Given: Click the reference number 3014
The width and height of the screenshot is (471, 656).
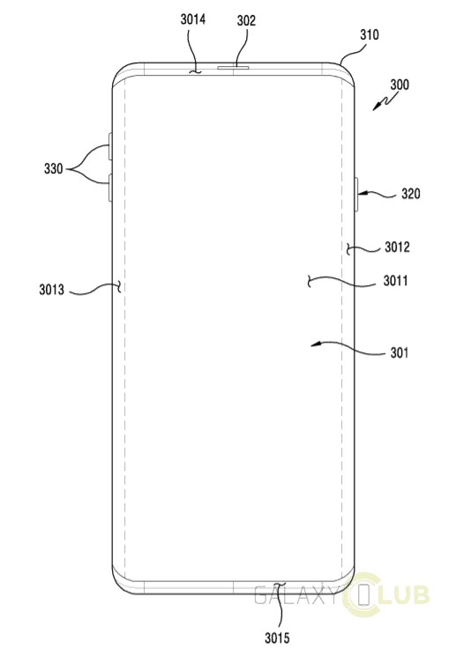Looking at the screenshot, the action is (193, 19).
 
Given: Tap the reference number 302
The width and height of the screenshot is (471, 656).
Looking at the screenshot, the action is (246, 20).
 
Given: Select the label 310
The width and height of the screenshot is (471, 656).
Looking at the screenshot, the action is (370, 34).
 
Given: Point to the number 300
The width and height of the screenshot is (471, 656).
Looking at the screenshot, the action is (400, 85).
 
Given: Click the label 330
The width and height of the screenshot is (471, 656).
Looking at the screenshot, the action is (53, 169).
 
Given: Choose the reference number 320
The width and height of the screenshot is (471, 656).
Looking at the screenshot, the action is (411, 194).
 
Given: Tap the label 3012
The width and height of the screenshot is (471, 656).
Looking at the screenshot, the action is (397, 247).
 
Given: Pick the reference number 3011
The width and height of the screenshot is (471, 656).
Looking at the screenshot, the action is (395, 281).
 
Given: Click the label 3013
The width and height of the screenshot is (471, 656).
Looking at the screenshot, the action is (51, 290).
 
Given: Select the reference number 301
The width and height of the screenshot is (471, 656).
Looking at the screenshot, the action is (399, 353).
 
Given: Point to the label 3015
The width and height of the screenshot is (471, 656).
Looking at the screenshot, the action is (277, 638).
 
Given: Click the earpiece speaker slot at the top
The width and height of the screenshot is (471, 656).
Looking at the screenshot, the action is (233, 67).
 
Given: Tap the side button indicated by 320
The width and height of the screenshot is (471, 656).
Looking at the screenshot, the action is (356, 194).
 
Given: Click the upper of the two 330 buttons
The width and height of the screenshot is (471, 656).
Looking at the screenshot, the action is (110, 146).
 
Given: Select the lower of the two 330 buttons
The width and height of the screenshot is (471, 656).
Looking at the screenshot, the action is (110, 188).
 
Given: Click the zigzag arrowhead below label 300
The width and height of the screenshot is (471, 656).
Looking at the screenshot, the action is (377, 107).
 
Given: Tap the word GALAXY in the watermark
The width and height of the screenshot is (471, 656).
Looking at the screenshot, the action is (295, 595).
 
